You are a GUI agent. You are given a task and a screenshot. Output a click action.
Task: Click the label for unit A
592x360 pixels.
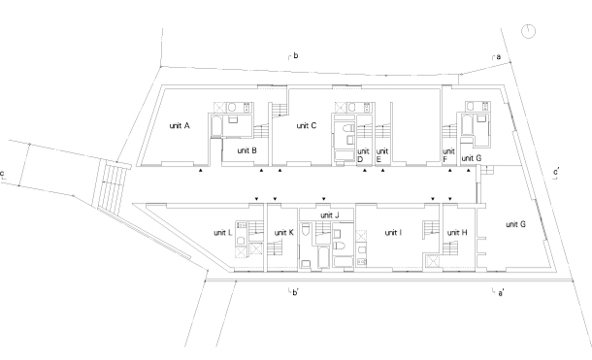[x=179, y=125]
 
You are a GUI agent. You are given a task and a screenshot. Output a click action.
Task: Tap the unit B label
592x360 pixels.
[x=247, y=150]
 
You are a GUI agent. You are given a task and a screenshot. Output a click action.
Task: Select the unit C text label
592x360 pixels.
[x=307, y=125]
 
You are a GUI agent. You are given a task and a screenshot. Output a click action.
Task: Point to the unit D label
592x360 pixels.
[x=363, y=155]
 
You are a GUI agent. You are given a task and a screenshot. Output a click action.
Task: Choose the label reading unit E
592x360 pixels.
[x=382, y=155]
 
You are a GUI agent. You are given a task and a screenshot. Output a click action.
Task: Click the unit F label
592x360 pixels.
[x=448, y=155]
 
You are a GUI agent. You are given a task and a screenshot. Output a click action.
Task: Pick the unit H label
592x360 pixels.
[x=457, y=233]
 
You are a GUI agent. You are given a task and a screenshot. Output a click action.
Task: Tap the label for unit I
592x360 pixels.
[x=393, y=233]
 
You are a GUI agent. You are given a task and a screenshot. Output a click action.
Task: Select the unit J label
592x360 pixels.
[x=330, y=215]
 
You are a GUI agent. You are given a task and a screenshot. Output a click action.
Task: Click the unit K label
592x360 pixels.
[x=284, y=233]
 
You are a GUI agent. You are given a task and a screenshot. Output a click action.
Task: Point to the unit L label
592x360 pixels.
[x=223, y=233]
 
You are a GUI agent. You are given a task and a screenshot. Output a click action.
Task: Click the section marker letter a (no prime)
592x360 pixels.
[x=499, y=57]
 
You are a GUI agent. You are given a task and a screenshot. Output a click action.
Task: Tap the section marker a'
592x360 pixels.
[x=501, y=293]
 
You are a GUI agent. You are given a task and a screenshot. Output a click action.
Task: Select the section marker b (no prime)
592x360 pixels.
[x=296, y=55]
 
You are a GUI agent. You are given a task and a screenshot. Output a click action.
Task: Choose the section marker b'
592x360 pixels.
[x=296, y=292]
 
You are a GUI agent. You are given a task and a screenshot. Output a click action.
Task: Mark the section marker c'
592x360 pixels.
[x=556, y=173]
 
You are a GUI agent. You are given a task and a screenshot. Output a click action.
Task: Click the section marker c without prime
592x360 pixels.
[x=2, y=174]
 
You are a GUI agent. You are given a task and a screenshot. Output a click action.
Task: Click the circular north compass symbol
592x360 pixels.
[x=528, y=31]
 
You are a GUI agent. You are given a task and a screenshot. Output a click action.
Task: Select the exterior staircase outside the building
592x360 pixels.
[x=113, y=185]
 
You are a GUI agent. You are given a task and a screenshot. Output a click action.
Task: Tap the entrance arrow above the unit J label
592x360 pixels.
[x=323, y=199]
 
